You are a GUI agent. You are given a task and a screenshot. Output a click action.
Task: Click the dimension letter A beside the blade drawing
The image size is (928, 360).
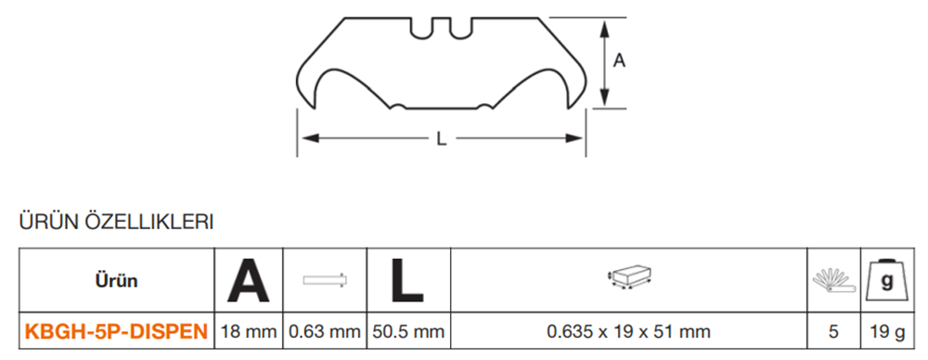click(x=619, y=60)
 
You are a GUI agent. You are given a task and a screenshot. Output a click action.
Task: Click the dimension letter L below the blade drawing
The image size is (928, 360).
click(x=441, y=138)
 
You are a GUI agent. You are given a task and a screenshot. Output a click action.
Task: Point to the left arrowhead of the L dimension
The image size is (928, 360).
click(x=311, y=138)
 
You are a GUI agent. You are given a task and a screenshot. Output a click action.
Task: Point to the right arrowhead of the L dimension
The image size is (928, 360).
click(x=574, y=138)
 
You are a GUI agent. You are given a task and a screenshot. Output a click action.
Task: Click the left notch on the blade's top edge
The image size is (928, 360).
click(x=420, y=29)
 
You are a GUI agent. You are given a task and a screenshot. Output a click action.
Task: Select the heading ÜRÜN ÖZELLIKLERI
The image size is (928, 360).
click(x=116, y=222)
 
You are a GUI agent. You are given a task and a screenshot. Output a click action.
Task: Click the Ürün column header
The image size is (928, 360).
click(x=116, y=280)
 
